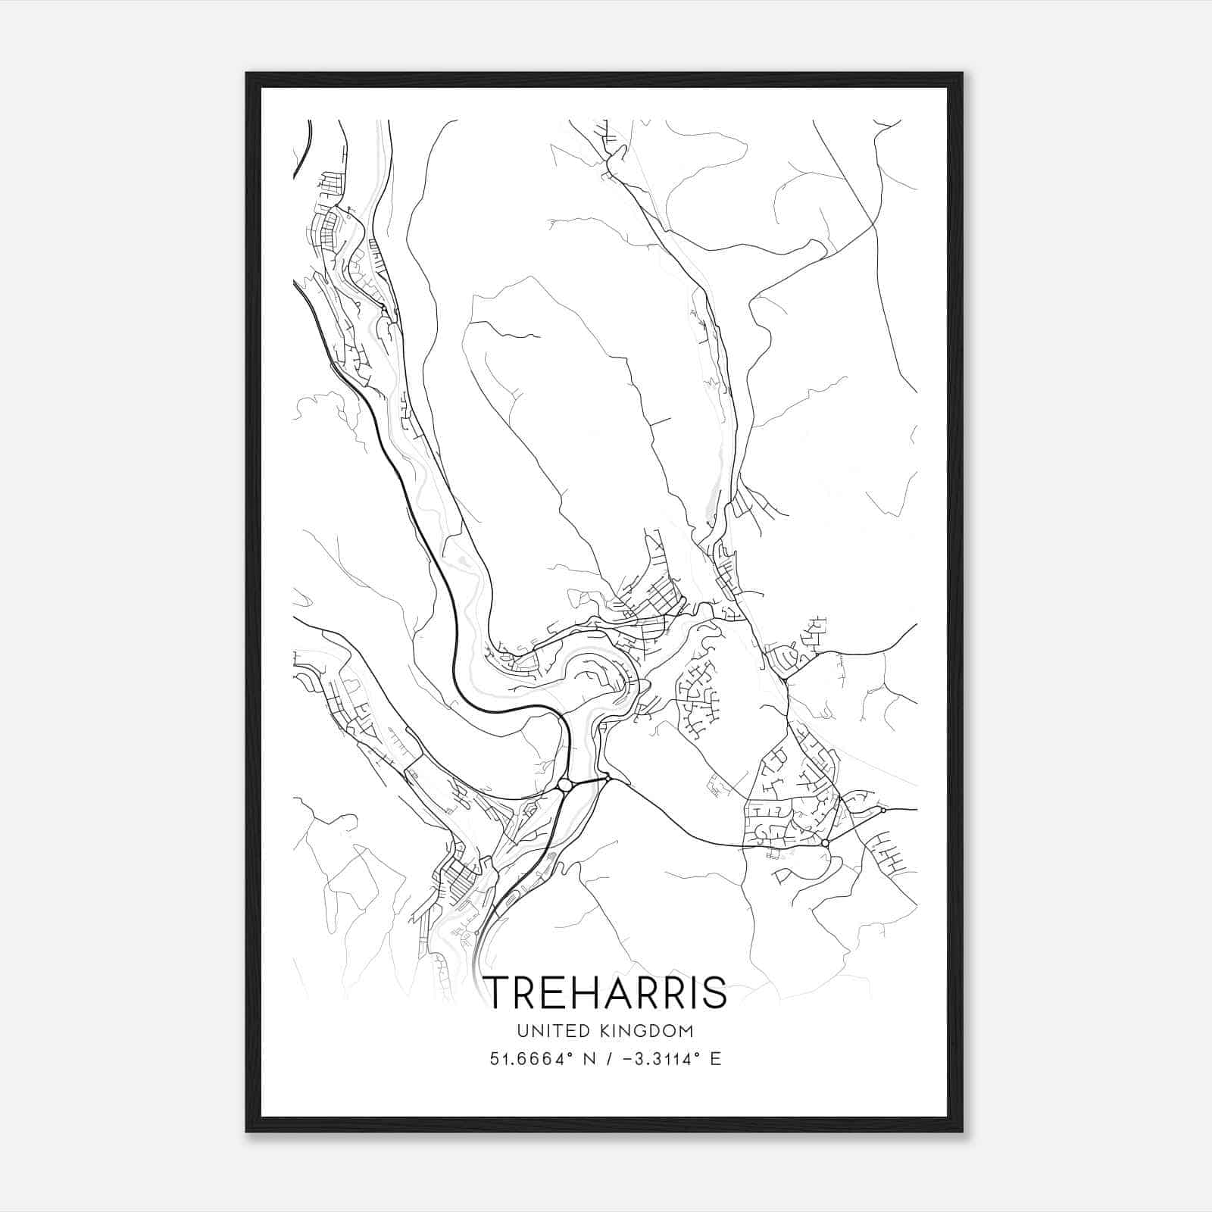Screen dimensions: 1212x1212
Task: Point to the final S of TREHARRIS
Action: pyautogui.click(x=714, y=993)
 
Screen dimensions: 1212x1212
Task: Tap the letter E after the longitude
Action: pyautogui.click(x=716, y=1059)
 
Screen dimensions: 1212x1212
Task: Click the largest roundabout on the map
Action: pyautogui.click(x=564, y=786)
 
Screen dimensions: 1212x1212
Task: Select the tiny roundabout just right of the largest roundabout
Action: pyautogui.click(x=608, y=778)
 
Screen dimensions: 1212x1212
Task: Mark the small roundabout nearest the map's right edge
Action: pyautogui.click(x=883, y=811)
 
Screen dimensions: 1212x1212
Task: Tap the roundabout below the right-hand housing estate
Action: pyautogui.click(x=825, y=842)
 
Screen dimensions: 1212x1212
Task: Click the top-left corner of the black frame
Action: pyautogui.click(x=247, y=73)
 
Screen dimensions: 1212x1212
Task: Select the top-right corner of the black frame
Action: pyautogui.click(x=962, y=73)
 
